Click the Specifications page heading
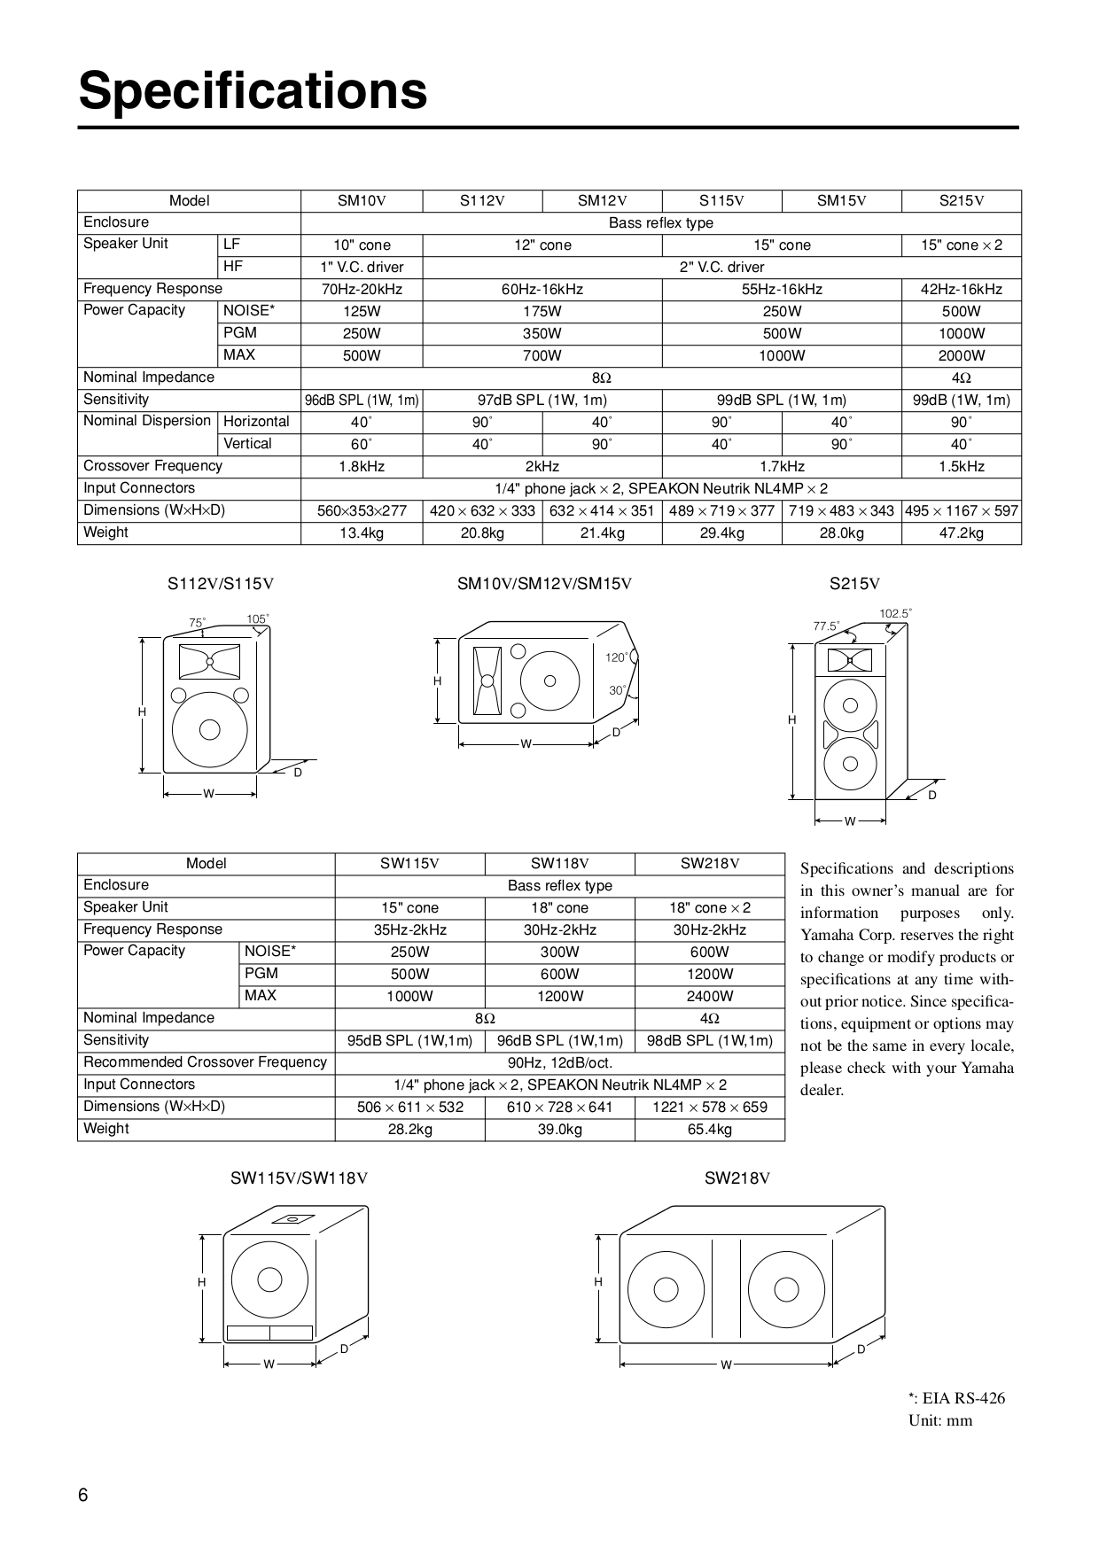point(253,91)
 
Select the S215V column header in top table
point(962,201)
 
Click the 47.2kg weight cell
point(962,533)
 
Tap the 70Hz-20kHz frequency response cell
point(362,290)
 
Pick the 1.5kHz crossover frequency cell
point(962,467)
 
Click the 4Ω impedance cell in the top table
point(962,378)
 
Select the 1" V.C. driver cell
point(362,268)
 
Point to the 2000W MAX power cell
point(962,356)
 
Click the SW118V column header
point(559,864)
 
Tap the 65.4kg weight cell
point(710,1130)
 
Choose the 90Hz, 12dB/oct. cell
point(559,1063)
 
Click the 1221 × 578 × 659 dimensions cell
point(710,1108)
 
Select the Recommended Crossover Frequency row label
point(205,1062)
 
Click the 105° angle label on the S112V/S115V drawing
point(258,618)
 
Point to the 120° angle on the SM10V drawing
point(616,657)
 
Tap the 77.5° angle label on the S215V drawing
point(826,626)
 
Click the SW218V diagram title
point(737,1178)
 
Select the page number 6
point(83,1496)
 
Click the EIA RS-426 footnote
point(956,1399)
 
